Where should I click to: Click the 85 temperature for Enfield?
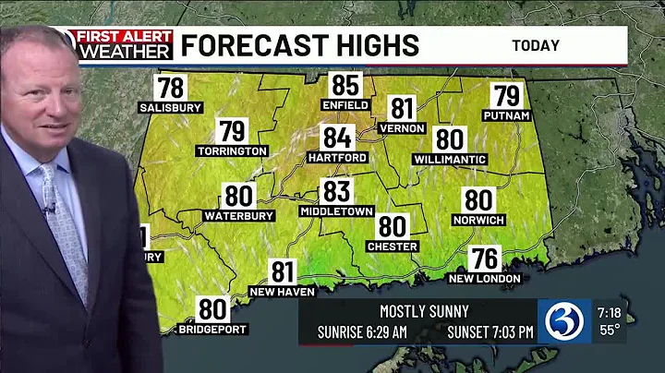coord(345,87)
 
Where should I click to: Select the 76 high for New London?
coord(485,259)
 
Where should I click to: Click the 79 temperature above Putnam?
coord(506,96)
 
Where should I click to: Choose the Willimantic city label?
coord(449,160)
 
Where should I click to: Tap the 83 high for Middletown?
coord(336,192)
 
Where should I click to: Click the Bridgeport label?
coord(213,329)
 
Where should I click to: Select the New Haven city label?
coord(283,292)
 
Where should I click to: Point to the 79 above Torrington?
coord(232,132)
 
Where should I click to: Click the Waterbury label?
coord(239,216)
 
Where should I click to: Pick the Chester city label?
coord(393,247)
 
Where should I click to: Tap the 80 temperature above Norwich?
coord(478,200)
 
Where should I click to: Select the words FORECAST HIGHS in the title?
coord(299,44)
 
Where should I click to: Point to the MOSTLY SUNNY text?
coord(424,311)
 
